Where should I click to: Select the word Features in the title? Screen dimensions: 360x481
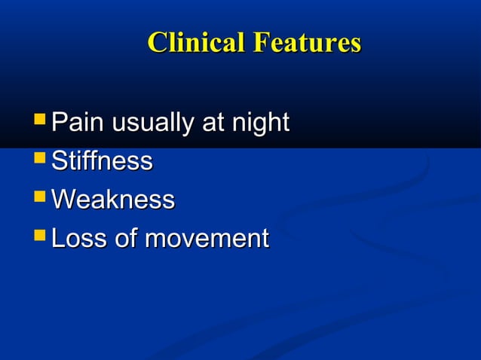pyautogui.click(x=306, y=42)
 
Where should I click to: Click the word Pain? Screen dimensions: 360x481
pyautogui.click(x=78, y=122)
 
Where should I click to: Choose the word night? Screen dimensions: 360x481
pyautogui.click(x=260, y=124)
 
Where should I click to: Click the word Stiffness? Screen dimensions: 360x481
pyautogui.click(x=102, y=161)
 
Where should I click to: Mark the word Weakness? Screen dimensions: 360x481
pyautogui.click(x=113, y=200)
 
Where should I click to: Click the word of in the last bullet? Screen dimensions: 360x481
pyautogui.click(x=126, y=239)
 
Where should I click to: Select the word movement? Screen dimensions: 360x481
pyautogui.click(x=206, y=240)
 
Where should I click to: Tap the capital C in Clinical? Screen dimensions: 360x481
pyautogui.click(x=157, y=43)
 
